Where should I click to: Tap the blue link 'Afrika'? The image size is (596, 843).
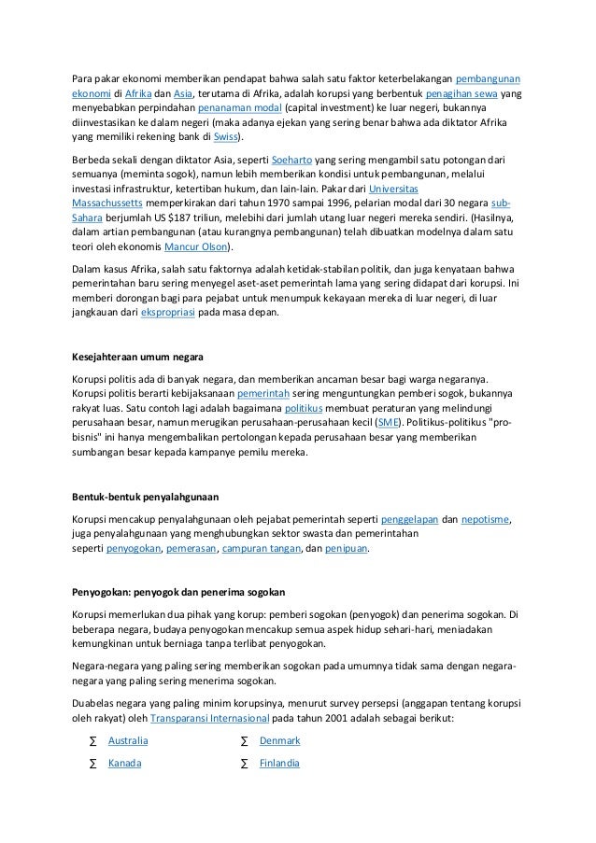[138, 93]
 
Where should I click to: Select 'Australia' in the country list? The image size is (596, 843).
[128, 740]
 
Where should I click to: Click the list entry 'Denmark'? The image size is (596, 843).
[279, 740]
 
